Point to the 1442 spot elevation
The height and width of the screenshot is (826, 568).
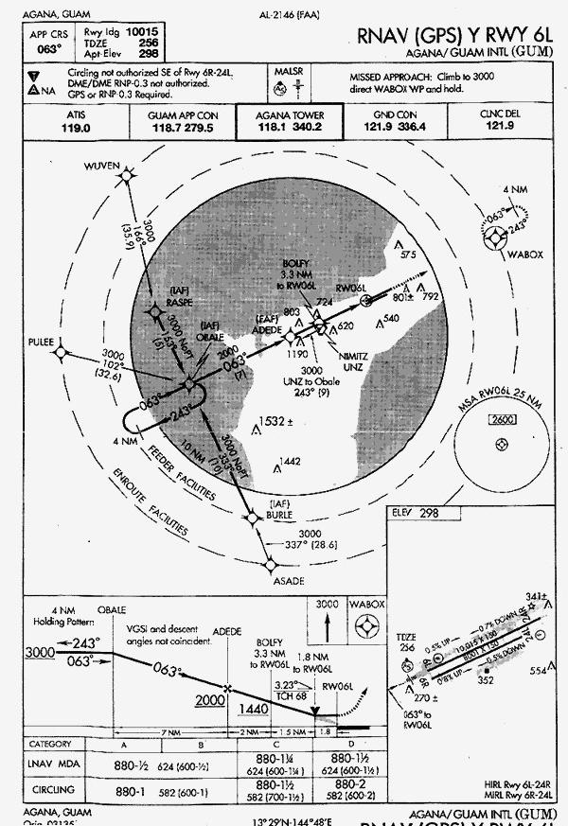pyautogui.click(x=291, y=461)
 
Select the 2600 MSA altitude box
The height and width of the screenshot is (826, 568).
pyautogui.click(x=501, y=418)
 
